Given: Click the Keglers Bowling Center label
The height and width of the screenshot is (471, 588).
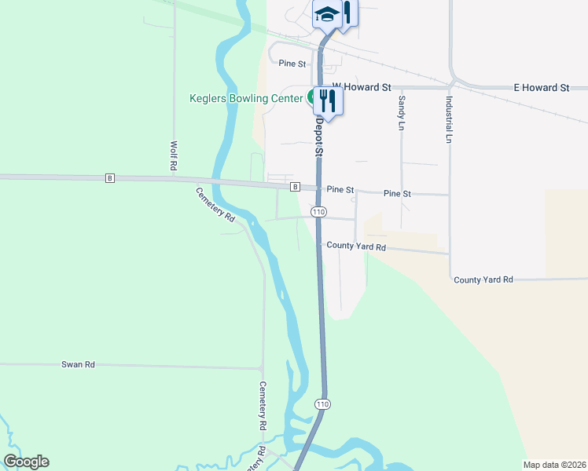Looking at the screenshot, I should (245, 98).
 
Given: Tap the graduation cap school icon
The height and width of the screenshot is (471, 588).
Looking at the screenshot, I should (326, 14).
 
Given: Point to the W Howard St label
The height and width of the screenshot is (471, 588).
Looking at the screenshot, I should (361, 88).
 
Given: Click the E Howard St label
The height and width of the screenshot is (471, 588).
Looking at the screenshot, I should (541, 88).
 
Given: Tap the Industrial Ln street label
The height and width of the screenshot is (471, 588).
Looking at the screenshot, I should (449, 119).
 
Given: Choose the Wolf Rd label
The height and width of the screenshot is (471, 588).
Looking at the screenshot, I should (173, 156).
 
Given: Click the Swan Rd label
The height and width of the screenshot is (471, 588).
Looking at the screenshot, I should (78, 365).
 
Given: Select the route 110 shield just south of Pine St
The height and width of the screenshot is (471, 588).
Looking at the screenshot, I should (318, 212).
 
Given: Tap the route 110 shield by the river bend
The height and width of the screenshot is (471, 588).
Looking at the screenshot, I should (322, 403).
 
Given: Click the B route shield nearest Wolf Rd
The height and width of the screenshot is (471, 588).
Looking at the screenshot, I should (109, 179).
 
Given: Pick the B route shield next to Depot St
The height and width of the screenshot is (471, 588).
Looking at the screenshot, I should (295, 187).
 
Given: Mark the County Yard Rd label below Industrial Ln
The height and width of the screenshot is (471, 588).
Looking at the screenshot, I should (483, 279).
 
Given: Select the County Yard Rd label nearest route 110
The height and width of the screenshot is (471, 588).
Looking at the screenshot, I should (356, 246).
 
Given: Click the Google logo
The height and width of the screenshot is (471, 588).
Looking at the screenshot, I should (26, 462).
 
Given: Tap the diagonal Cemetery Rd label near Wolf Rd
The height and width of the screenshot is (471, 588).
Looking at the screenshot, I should (216, 203).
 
